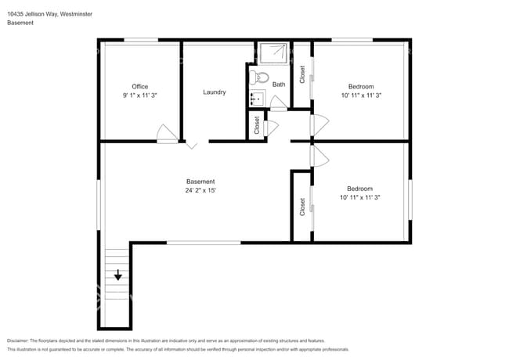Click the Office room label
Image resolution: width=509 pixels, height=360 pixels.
point(140,87)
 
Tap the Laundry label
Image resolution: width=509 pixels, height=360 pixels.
point(215,92)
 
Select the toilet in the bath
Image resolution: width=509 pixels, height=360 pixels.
point(259,77)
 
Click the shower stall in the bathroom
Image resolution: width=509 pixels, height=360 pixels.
point(273,52)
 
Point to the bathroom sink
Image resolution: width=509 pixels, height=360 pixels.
point(258,98)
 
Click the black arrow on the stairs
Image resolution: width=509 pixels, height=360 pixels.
point(117,275)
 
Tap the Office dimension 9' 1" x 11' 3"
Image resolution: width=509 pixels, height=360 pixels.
point(140,95)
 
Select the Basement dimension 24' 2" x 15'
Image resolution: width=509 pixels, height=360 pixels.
point(200,190)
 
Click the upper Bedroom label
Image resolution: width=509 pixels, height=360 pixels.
point(361,87)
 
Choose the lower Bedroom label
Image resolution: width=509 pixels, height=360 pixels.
point(359,189)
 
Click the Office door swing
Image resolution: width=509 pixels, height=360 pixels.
point(167,134)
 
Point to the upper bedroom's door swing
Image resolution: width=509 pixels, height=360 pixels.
point(319,125)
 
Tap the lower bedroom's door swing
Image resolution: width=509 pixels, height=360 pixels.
point(319,156)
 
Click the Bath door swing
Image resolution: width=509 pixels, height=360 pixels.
point(279,103)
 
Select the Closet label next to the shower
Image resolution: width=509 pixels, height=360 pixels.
point(302,74)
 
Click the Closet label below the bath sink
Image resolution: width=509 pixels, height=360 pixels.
point(257,125)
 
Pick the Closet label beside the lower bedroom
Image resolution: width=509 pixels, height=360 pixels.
point(302,207)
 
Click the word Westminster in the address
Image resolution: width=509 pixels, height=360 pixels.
point(76,14)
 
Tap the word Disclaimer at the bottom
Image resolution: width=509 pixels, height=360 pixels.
point(18,341)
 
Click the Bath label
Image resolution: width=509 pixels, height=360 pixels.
point(279,85)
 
